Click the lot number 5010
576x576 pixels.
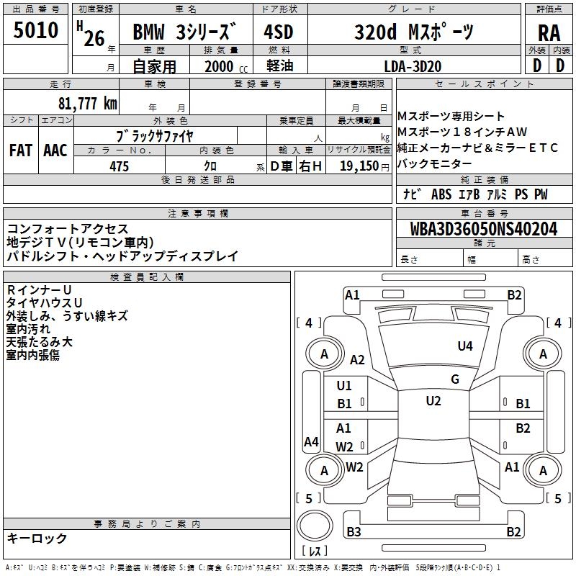pyautogui.click(x=35, y=31)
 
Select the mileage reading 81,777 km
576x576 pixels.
pyautogui.click(x=88, y=103)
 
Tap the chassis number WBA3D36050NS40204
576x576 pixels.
pyautogui.click(x=483, y=230)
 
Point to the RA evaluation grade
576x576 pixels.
pyautogui.click(x=549, y=32)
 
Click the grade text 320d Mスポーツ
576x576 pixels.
pyautogui.click(x=414, y=32)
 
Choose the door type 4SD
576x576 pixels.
pyautogui.click(x=279, y=32)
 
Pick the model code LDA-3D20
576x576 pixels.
pyautogui.click(x=413, y=66)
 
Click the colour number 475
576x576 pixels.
pyautogui.click(x=119, y=166)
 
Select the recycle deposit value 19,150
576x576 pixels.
pyautogui.click(x=359, y=166)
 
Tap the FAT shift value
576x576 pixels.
pyautogui.click(x=20, y=150)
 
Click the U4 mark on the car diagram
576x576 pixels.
pyautogui.click(x=465, y=346)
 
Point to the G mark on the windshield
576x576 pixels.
pyautogui.click(x=454, y=379)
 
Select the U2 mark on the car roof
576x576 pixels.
pyautogui.click(x=433, y=401)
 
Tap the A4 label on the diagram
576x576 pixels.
pyautogui.click(x=311, y=441)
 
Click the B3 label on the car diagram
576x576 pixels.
pyautogui.click(x=354, y=532)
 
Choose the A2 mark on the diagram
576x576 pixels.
pyautogui.click(x=357, y=360)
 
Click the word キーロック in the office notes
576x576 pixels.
pyautogui.click(x=37, y=539)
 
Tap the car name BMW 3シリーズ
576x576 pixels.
pyautogui.click(x=184, y=32)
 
